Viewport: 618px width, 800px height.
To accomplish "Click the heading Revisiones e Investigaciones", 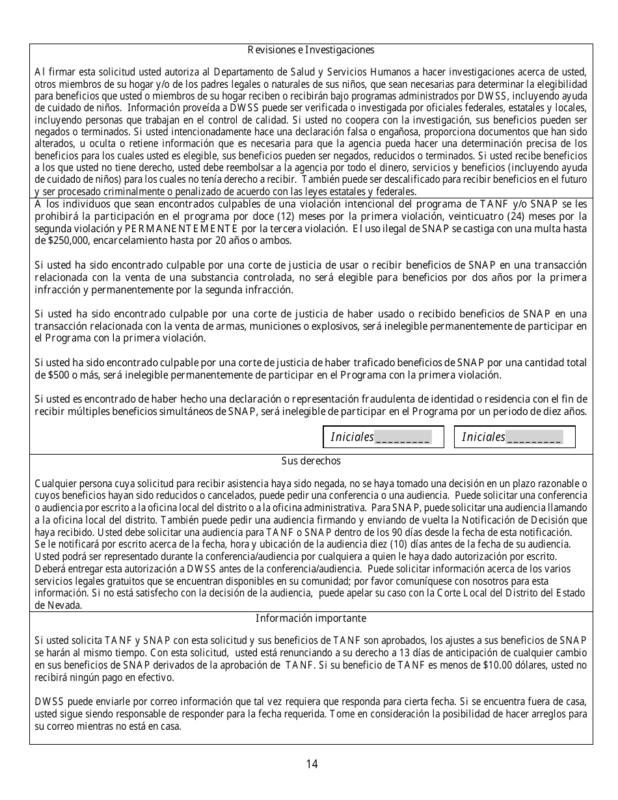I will click(310, 50).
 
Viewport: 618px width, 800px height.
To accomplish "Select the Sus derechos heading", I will click(310, 461).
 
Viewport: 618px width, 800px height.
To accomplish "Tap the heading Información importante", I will click(310, 619).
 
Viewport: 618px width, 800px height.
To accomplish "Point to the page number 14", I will click(312, 764).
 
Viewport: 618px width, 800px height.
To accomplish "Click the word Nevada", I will click(51, 606).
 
